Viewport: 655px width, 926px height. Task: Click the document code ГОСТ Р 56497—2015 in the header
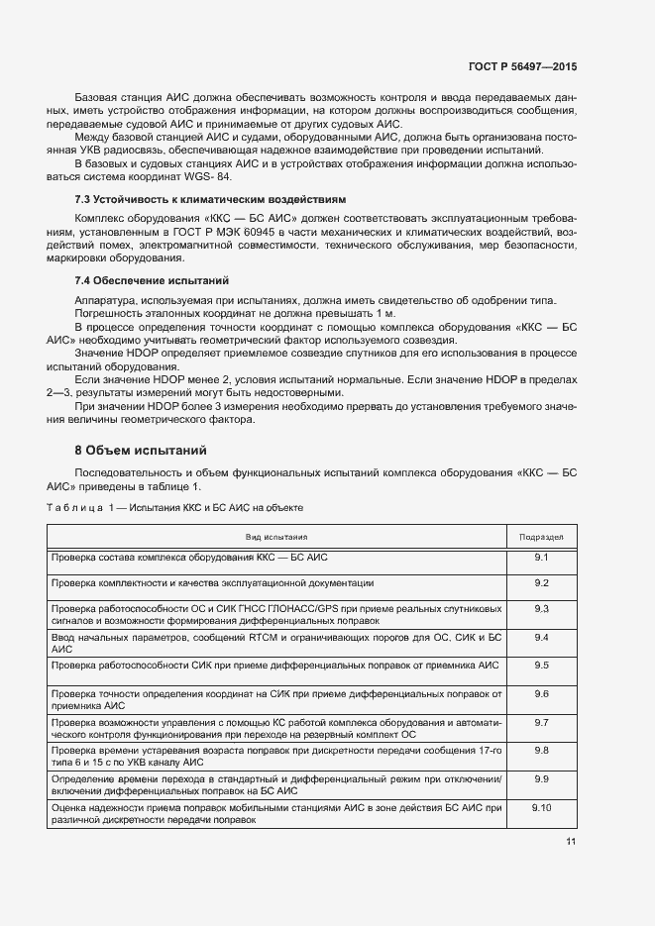(x=522, y=66)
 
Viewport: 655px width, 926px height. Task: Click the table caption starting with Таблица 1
(x=174, y=507)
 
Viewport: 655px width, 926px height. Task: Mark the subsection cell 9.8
(x=541, y=751)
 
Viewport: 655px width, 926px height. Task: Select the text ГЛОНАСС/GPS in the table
(x=317, y=607)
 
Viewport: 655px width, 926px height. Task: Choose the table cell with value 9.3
(x=541, y=607)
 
